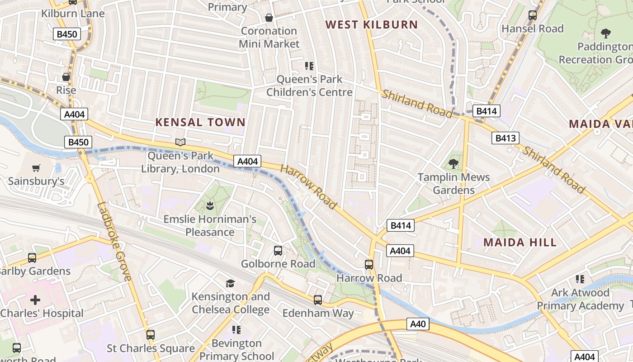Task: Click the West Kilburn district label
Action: pyautogui.click(x=372, y=24)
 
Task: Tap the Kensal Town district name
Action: pyautogui.click(x=200, y=122)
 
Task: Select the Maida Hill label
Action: pyautogui.click(x=520, y=243)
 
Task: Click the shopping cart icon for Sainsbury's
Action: pyautogui.click(x=36, y=168)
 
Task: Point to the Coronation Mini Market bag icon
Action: pyautogui.click(x=269, y=18)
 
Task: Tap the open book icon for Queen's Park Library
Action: pyautogui.click(x=180, y=143)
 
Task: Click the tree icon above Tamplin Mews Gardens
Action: pyautogui.click(x=453, y=163)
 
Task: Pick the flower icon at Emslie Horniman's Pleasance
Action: pyautogui.click(x=209, y=206)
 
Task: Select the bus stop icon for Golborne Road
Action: pyautogui.click(x=278, y=250)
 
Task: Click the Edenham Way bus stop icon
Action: pyautogui.click(x=318, y=300)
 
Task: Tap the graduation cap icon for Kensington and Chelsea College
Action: pyautogui.click(x=231, y=283)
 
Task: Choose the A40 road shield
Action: pyautogui.click(x=418, y=324)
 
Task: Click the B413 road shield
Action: pyautogui.click(x=505, y=138)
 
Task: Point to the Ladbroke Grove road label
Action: pyautogui.click(x=114, y=242)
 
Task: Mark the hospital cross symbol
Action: pyautogui.click(x=35, y=300)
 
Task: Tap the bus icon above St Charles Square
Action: pyautogui.click(x=151, y=335)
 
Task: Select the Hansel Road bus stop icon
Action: pyautogui.click(x=533, y=15)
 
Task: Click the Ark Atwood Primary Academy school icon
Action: pyautogui.click(x=580, y=279)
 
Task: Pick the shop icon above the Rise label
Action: pyautogui.click(x=66, y=77)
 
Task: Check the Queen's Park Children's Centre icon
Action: pyautogui.click(x=309, y=66)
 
